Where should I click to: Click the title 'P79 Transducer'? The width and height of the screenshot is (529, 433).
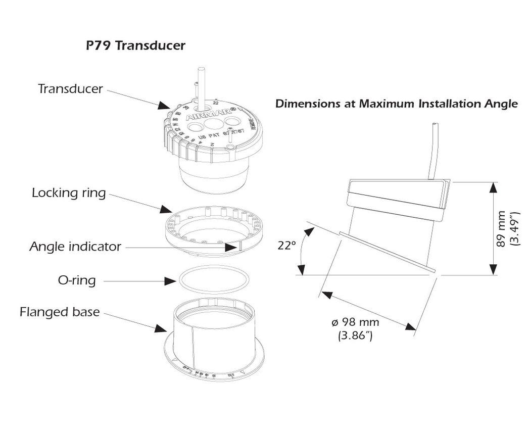[135, 46]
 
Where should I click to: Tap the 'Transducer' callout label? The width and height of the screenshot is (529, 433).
[70, 89]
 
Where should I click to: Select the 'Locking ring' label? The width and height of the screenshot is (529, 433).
[69, 193]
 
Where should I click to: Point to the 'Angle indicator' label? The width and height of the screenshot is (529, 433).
[75, 247]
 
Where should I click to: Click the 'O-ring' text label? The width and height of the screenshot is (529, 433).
[77, 280]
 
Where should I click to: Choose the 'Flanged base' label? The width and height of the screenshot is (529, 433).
[60, 312]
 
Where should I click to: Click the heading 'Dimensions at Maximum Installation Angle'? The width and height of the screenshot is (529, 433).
[397, 104]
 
